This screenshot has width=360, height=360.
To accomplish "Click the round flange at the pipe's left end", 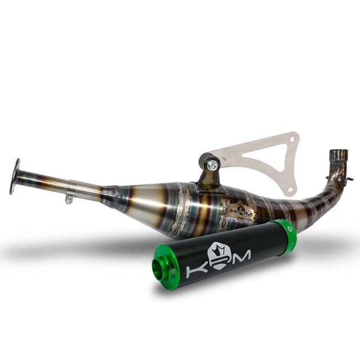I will [x=15, y=177].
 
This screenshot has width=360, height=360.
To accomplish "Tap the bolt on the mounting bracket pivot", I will [x=212, y=165].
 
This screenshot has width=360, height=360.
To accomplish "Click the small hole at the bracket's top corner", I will [x=290, y=139].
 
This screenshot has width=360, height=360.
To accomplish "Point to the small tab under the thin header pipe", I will [x=69, y=199].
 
